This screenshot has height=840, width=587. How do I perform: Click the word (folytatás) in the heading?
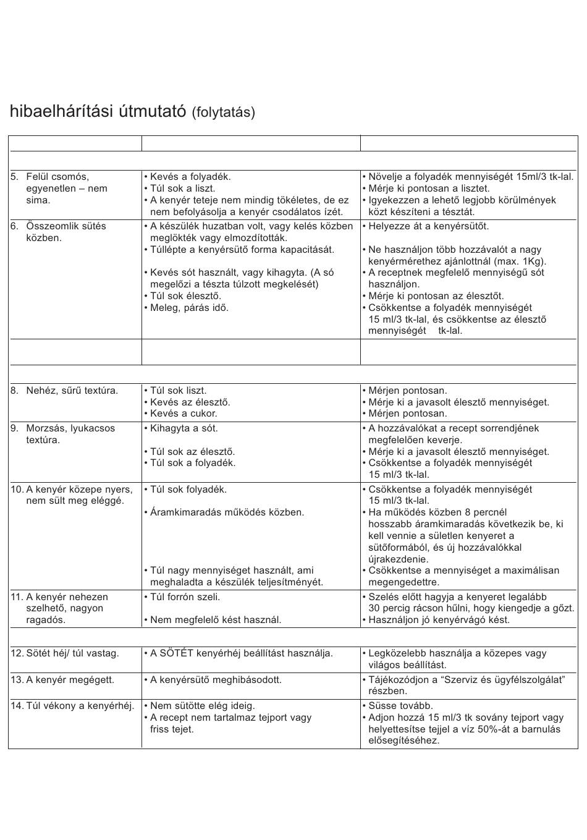(x=223, y=112)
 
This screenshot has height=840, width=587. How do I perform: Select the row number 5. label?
(x=15, y=177)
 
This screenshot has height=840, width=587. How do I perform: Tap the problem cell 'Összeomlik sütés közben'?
(x=65, y=232)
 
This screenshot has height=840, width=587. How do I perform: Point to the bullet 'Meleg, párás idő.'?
(x=189, y=308)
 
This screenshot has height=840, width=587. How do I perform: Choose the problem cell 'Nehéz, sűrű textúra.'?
(x=72, y=391)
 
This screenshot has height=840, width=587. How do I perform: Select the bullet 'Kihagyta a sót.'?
(x=184, y=428)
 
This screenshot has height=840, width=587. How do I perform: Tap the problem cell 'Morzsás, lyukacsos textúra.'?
(x=70, y=434)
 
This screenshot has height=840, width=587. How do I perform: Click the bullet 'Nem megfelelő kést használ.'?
(x=216, y=620)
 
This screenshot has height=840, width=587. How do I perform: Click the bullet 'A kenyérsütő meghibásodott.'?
(x=216, y=680)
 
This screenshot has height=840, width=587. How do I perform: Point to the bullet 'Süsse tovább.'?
(x=400, y=706)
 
